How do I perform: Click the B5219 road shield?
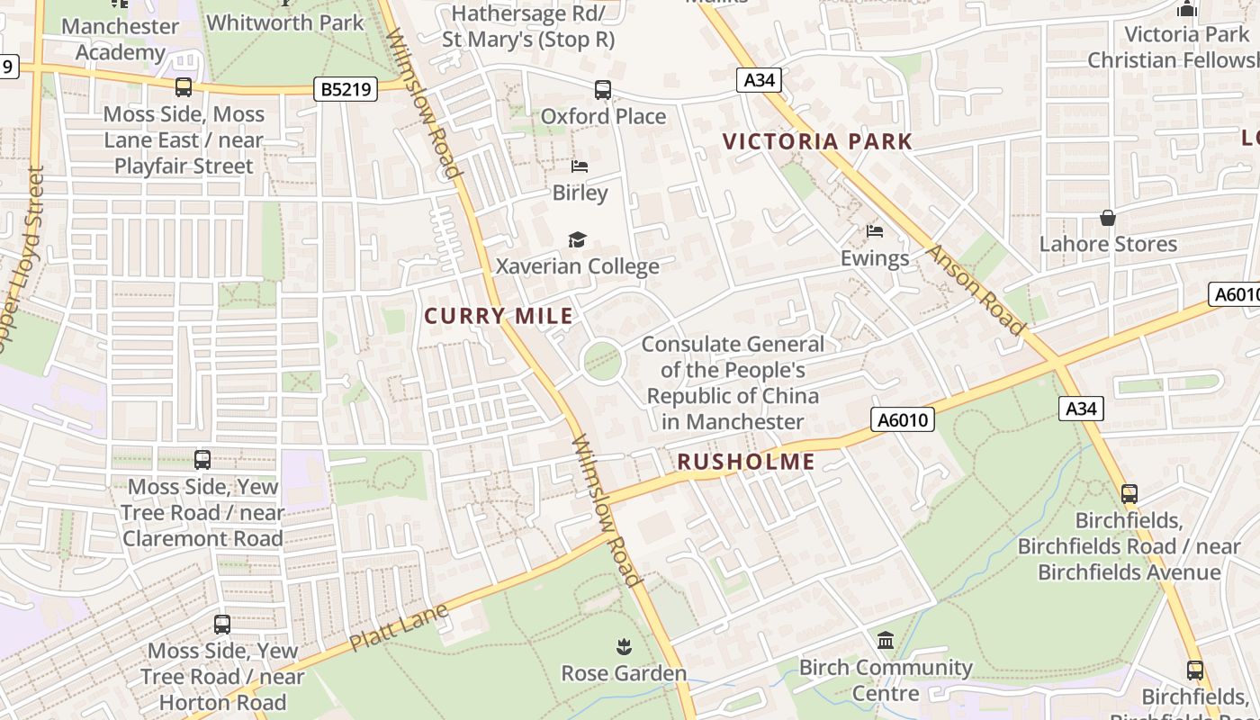(x=346, y=89)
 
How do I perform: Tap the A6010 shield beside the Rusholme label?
(x=903, y=419)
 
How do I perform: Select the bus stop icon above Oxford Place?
(x=603, y=90)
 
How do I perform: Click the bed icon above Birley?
(x=580, y=166)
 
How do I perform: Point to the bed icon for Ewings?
(x=874, y=231)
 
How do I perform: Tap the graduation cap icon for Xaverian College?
(x=577, y=239)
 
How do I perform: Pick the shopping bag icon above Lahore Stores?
(x=1108, y=218)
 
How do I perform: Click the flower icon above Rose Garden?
(x=623, y=646)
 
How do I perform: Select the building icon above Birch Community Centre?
(x=886, y=640)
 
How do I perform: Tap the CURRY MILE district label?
(x=499, y=316)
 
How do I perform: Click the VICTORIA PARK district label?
(x=817, y=141)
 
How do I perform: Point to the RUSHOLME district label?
(x=745, y=463)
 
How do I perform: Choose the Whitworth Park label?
(x=286, y=22)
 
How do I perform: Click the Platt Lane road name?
(x=399, y=628)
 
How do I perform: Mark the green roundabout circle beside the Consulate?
(x=602, y=362)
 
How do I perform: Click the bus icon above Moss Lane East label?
(x=184, y=87)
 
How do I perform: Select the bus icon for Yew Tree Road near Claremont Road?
(x=202, y=460)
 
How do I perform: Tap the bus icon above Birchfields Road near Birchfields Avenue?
(x=1129, y=493)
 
